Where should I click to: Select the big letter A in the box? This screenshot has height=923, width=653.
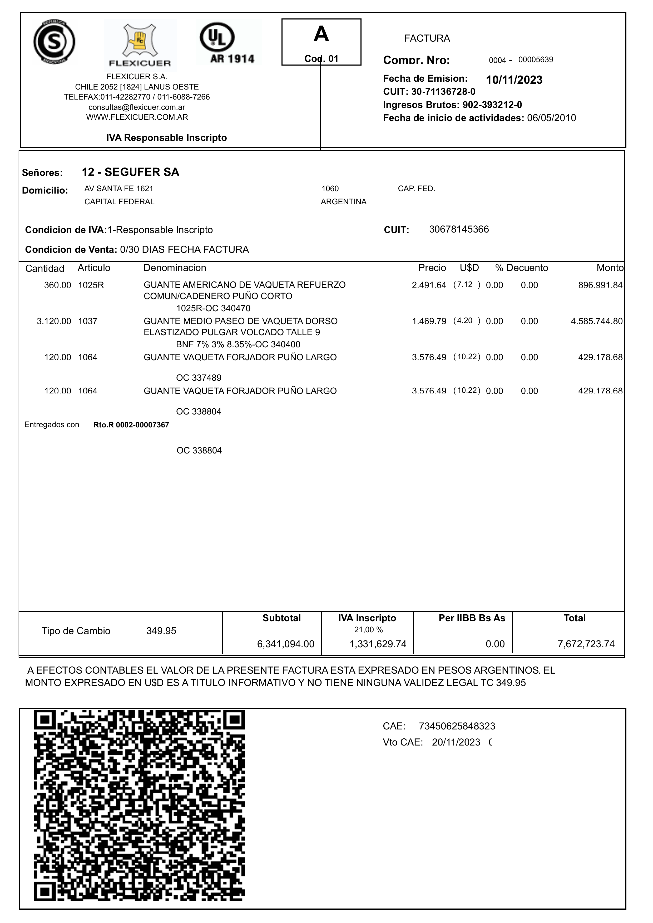(321, 34)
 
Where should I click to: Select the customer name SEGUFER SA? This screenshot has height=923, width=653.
(142, 172)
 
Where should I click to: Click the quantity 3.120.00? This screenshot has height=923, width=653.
(54, 321)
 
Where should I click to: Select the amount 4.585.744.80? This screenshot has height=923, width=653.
(596, 321)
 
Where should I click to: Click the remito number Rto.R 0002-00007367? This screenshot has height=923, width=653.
(131, 425)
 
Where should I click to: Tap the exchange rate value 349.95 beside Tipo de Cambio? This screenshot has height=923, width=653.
(161, 631)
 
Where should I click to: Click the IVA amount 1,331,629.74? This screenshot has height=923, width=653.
(378, 644)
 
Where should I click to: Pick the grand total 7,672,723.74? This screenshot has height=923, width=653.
(586, 644)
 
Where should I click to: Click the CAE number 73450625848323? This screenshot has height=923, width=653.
(457, 726)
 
